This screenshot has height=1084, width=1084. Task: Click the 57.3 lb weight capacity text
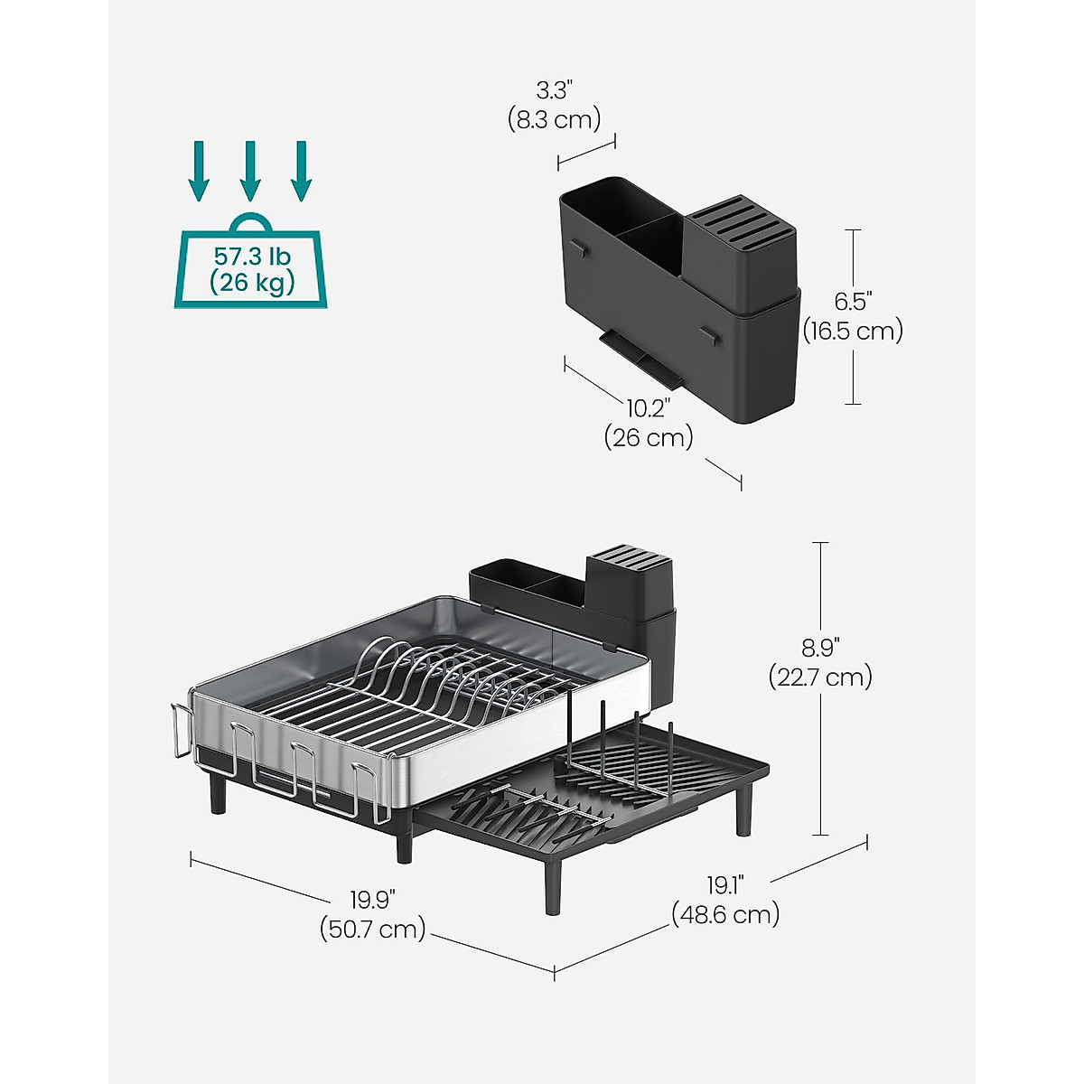(252, 257)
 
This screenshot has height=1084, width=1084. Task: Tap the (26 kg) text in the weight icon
(252, 283)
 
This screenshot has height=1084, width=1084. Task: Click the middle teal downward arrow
(250, 171)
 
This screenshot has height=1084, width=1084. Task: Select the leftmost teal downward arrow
(199, 171)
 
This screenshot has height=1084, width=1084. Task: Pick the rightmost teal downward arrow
(302, 171)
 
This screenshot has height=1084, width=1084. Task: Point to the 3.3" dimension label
(554, 90)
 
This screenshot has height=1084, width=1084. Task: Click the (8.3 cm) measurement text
(554, 120)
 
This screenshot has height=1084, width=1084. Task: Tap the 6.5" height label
(853, 302)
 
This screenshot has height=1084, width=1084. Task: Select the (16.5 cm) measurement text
(853, 331)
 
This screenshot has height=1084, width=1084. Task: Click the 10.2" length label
(649, 409)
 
